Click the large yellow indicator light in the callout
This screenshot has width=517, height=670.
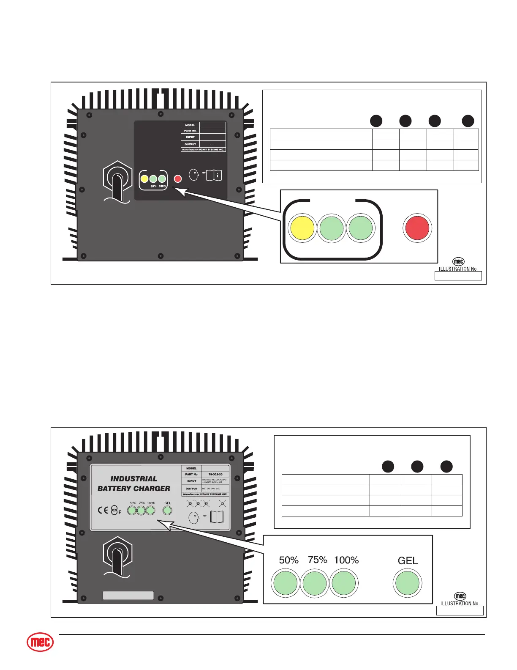click(302, 228)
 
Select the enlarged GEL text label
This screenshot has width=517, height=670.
click(408, 561)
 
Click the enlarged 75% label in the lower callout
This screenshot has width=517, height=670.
click(318, 560)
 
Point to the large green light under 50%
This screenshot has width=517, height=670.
click(286, 583)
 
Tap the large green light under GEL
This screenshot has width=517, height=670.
click(407, 583)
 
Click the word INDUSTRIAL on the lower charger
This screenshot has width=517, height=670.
click(134, 479)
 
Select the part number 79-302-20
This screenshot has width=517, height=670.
click(215, 475)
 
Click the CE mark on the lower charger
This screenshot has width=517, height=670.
click(103, 510)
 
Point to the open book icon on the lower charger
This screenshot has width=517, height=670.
click(217, 517)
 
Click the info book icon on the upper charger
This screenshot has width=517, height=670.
click(214, 175)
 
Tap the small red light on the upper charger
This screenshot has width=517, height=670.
click(178, 179)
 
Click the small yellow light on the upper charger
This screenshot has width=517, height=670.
click(144, 179)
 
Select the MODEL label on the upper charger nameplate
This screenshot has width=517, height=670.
click(190, 125)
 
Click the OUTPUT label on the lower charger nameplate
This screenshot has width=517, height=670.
click(191, 489)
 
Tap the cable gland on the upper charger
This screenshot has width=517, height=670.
click(118, 180)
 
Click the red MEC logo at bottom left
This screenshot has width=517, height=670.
click(41, 643)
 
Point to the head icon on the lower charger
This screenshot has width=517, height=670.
click(194, 518)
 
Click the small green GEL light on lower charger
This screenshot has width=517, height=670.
click(168, 511)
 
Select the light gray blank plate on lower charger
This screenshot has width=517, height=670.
click(128, 596)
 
